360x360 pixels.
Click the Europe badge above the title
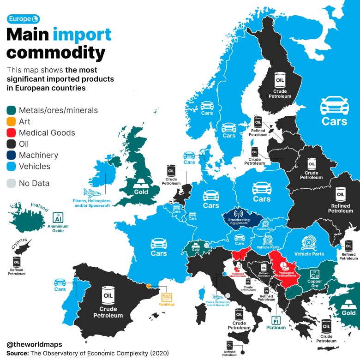pyautogui.click(x=23, y=18)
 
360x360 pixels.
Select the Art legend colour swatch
pyautogui.click(x=12, y=121)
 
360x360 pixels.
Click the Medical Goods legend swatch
pyautogui.click(x=12, y=133)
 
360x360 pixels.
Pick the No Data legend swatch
pyautogui.click(x=12, y=183)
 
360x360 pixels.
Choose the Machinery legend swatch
pyautogui.click(x=12, y=156)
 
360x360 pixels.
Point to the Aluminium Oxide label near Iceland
pyautogui.click(x=58, y=228)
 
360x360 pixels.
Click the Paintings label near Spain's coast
pyautogui.click(x=167, y=305)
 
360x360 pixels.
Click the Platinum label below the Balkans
pyautogui.click(x=276, y=327)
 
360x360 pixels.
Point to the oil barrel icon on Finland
pyautogui.click(x=280, y=80)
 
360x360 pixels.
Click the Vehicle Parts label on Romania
pyautogui.click(x=309, y=254)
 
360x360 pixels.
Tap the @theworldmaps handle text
pyautogui.click(x=35, y=344)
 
